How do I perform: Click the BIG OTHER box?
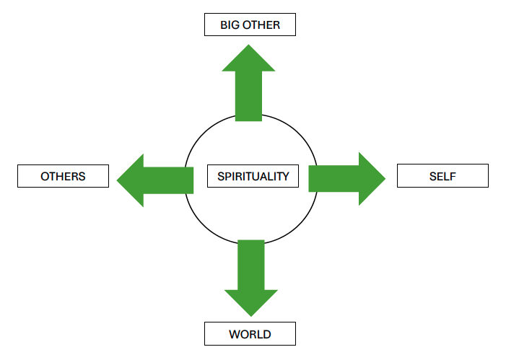pos(250,25)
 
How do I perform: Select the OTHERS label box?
pos(63,176)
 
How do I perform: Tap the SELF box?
pos(442,176)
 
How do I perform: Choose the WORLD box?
pos(250,334)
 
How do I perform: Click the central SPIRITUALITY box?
pos(253,176)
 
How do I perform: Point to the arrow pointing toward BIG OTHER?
pos(248,83)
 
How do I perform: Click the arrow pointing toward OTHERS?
pos(155,180)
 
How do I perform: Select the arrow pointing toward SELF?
pos(347,179)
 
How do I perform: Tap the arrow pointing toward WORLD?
pos(251,278)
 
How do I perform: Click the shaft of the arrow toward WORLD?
pos(251,265)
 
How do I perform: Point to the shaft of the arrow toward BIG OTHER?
pos(248,96)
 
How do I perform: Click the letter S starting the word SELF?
pos(433,177)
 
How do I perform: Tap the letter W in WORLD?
pos(235,334)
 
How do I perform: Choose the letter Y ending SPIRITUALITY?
pos(285,177)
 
